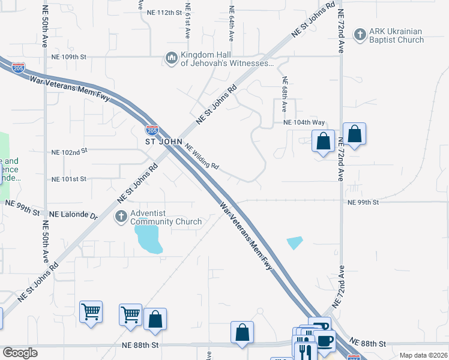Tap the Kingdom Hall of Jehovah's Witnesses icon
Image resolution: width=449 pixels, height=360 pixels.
click(x=171, y=58)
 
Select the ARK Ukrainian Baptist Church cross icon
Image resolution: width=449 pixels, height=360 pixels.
click(x=360, y=35)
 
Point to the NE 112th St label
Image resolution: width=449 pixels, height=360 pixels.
click(x=164, y=13)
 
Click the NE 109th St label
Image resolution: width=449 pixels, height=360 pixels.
click(x=70, y=57)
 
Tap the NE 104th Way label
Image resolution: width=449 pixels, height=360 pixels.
click(x=304, y=122)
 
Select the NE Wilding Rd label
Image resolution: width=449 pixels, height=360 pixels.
click(x=201, y=157)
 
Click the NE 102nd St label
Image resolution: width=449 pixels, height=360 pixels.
click(x=70, y=152)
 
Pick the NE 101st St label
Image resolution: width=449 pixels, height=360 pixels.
click(x=70, y=179)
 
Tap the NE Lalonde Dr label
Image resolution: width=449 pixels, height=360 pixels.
click(x=73, y=214)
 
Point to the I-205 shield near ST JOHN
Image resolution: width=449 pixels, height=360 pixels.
click(x=151, y=129)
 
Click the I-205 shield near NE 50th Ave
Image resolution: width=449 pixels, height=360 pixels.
click(x=18, y=68)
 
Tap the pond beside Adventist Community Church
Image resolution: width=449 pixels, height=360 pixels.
click(x=148, y=238)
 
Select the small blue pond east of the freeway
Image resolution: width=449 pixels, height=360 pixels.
click(x=295, y=242)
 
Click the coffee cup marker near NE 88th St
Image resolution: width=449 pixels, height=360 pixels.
click(x=325, y=340)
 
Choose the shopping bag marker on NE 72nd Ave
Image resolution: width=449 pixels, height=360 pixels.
click(x=354, y=134)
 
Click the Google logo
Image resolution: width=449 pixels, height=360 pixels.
click(x=20, y=353)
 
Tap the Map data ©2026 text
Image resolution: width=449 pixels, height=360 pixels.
click(x=423, y=355)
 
